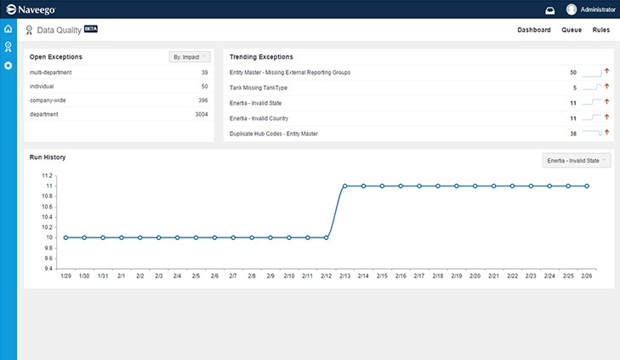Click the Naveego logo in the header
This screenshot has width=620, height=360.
coord(34,9)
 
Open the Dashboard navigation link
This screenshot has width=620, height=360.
coord(534,30)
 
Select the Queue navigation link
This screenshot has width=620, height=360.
coord(572,30)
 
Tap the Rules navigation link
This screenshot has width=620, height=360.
coord(600,30)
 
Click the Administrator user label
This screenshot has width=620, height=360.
coord(598,9)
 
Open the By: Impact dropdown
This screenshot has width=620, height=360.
coord(189,57)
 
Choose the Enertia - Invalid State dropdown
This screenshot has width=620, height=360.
coord(577,160)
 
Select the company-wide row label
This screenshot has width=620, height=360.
coord(47,100)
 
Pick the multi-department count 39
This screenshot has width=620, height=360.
coord(204,72)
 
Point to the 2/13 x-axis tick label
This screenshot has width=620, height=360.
coord(344,276)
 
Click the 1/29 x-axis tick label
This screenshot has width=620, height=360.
coord(65,276)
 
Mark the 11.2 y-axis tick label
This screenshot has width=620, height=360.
coord(47,175)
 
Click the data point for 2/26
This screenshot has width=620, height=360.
coord(587,186)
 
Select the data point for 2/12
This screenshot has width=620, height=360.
coord(326,237)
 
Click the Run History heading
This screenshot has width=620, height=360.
coord(48,157)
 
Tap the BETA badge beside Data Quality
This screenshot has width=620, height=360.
coord(91,28)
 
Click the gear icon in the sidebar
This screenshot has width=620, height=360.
coord(9,66)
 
